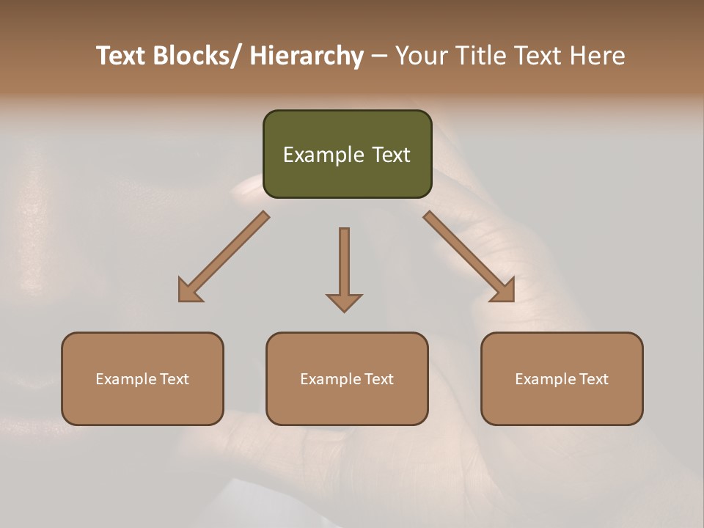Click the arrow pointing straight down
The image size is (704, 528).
tap(344, 268)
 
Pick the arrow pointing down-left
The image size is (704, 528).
tap(224, 257)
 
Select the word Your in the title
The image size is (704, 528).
tap(422, 56)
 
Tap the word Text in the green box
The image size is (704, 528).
tap(390, 155)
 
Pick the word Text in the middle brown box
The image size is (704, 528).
tap(378, 379)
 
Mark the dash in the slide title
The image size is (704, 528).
tap(378, 56)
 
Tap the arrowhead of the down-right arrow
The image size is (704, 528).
tap(504, 291)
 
